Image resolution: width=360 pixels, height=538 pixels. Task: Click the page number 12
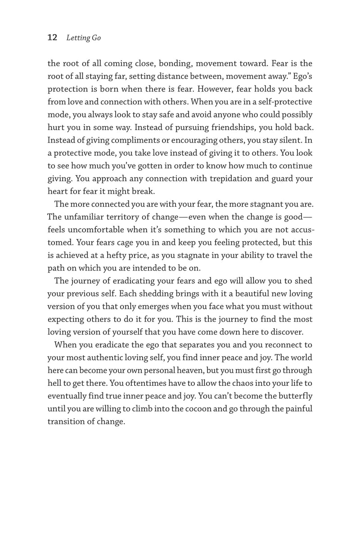(52, 38)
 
